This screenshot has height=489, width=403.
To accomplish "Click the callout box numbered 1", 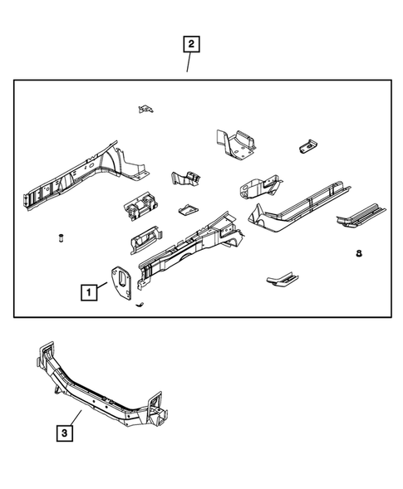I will click(87, 291).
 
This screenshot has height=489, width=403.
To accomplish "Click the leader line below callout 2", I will click(189, 62).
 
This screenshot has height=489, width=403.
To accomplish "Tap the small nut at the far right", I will click(358, 253).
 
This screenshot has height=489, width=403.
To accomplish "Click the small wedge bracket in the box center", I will click(186, 208).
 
